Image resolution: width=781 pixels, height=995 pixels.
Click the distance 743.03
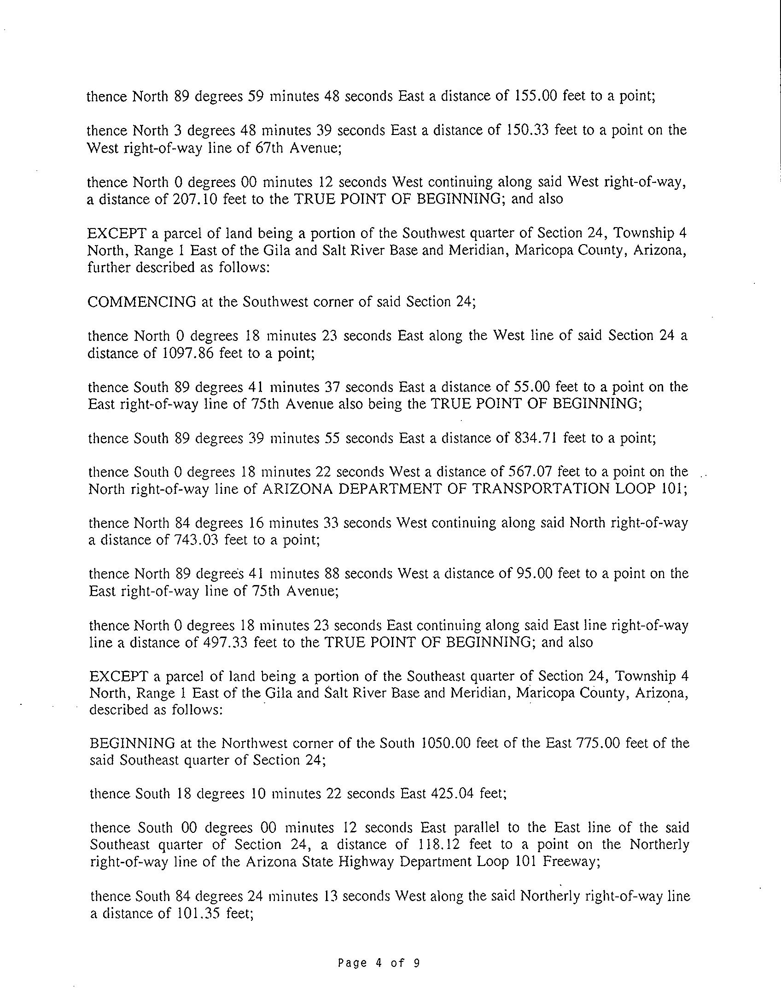[197, 540]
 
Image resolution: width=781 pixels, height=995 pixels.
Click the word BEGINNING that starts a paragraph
[133, 743]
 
